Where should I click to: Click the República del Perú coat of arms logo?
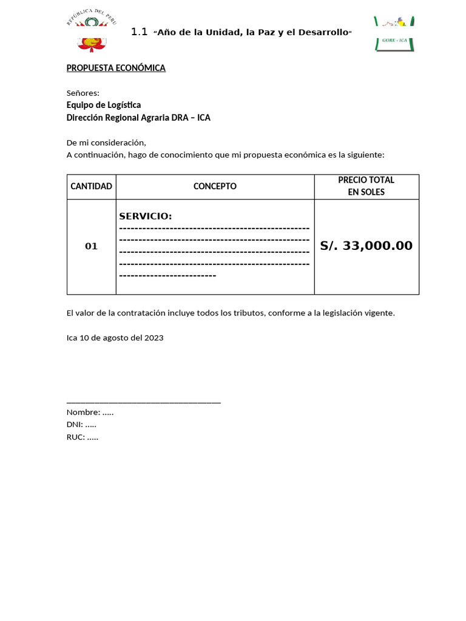pos(91,32)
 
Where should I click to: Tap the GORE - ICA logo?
pos(394,34)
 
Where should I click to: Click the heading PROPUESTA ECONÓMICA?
pos(116,68)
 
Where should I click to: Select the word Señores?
pos(83,93)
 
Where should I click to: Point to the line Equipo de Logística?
pos(104,105)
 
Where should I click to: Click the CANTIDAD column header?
pos(92,186)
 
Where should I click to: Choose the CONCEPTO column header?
pos(215,186)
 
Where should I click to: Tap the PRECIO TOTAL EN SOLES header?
pos(366,186)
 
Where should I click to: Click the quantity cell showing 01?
pos(92,246)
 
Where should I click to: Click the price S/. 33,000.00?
pos(366,246)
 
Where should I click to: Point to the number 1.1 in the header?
pos(139,32)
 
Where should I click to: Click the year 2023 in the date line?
pos(154,338)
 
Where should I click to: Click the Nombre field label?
pos(83,412)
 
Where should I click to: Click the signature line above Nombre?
pos(143,401)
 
